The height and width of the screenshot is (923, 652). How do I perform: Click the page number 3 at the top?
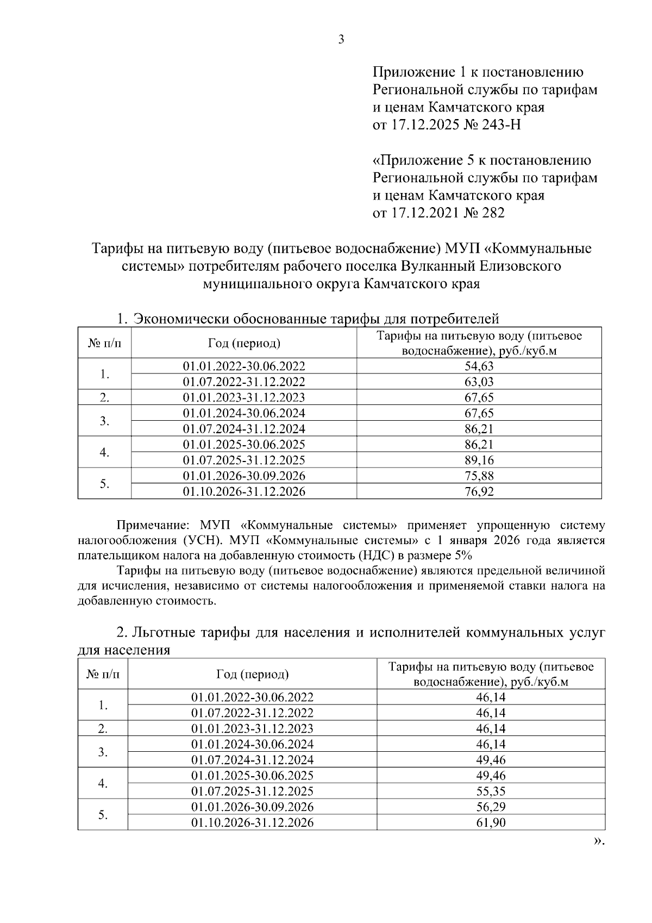(341, 40)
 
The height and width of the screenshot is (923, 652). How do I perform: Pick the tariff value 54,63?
(479, 366)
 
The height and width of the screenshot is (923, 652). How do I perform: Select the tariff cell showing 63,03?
(479, 382)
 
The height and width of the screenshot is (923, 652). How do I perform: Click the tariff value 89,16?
(479, 460)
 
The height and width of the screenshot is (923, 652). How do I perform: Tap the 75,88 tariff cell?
(479, 476)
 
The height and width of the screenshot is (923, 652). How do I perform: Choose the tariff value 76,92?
(479, 491)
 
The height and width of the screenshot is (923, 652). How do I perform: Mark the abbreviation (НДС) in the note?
(378, 556)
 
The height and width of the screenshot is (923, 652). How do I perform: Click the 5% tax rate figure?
(464, 556)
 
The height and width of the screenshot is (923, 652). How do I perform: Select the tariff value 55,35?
(491, 791)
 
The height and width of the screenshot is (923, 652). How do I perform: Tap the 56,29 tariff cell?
(491, 807)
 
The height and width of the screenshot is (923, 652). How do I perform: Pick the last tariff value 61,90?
(491, 822)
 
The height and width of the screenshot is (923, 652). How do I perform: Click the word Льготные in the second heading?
(164, 633)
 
